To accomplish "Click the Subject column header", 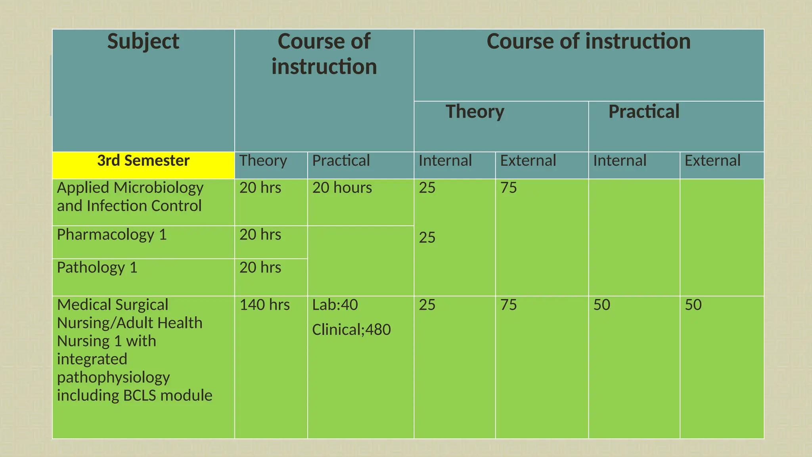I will click(x=143, y=42).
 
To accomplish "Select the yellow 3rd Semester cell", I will click(x=143, y=161).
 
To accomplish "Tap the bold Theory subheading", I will click(x=475, y=111).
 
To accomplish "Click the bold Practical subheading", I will click(x=643, y=111).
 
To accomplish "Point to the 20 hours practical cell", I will click(x=342, y=188).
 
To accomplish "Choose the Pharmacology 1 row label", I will click(x=112, y=235).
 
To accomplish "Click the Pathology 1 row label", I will click(x=97, y=268).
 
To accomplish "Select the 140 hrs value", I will click(x=264, y=305).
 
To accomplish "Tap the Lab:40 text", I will click(x=335, y=305).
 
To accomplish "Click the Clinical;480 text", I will click(x=351, y=330).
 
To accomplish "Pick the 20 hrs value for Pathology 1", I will click(x=260, y=268).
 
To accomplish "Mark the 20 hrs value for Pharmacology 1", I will click(x=260, y=235).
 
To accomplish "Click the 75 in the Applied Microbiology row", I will click(x=508, y=188).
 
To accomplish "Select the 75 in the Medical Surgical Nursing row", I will click(x=508, y=305).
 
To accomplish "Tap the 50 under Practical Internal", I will click(x=601, y=305).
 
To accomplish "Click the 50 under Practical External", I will click(x=693, y=305).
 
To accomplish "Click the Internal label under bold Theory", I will click(x=445, y=161).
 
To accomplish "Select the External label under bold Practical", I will click(x=712, y=161).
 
